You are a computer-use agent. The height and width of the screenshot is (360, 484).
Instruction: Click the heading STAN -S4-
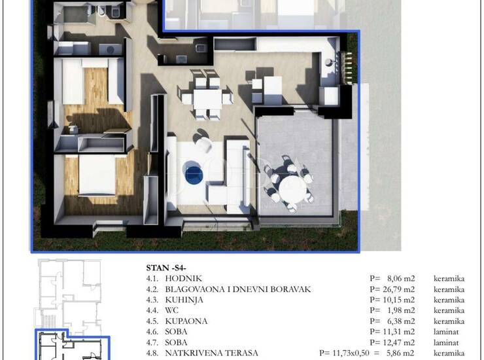pos(166,268)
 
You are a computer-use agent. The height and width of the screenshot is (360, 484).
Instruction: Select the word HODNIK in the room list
pos(183,278)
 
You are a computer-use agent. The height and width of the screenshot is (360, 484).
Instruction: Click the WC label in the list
pos(171,310)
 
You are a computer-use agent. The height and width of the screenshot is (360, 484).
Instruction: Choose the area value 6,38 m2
pos(401,321)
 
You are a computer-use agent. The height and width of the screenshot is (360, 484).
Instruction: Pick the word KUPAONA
pos(186,321)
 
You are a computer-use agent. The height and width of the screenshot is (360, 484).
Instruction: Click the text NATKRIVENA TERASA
pos(211,353)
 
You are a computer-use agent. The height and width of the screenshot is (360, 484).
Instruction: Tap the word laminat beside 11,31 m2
pos(446,332)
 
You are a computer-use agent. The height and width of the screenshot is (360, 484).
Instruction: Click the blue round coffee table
pos(194,175)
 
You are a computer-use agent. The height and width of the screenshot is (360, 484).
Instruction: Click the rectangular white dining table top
pos(207,99)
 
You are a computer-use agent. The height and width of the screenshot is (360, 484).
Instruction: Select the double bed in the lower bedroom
pos(97,175)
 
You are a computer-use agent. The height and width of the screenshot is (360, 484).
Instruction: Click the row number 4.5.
pos(152,321)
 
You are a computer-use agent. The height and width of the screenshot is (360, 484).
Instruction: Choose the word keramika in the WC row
pos(449,310)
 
